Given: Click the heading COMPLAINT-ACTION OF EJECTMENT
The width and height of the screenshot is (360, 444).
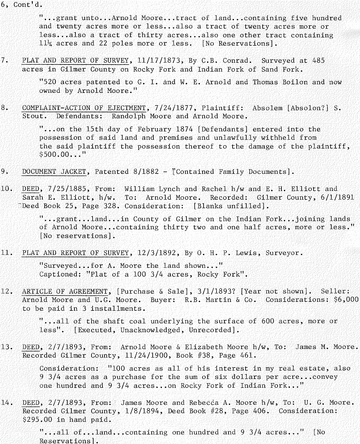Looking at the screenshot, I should (84, 108).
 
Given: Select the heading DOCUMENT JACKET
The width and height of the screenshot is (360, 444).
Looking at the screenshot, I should (54, 171).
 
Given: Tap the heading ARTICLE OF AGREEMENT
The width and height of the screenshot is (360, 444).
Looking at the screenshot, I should (65, 291).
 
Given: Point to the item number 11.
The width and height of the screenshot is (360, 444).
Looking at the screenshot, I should (7, 253).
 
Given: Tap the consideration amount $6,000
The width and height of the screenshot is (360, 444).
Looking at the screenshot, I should (346, 300).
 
